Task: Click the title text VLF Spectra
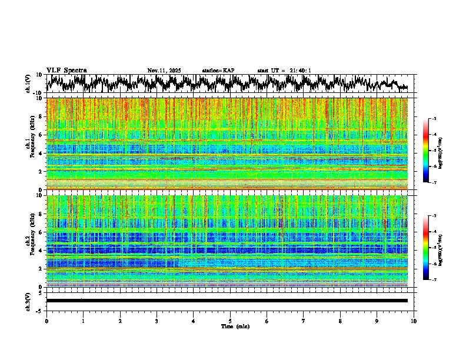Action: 66,71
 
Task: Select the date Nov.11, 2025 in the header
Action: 164,71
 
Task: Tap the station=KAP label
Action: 218,71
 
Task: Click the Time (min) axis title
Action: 235,326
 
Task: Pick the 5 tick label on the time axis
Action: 230,321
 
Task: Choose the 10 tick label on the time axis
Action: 414,321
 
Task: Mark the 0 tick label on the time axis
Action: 46,321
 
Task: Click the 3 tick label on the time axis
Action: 157,321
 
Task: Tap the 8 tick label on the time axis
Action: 340,321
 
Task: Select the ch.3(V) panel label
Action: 28,301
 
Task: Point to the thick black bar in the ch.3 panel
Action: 227,301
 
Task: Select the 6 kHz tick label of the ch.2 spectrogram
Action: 41,232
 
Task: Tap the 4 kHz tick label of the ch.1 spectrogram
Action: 41,154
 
